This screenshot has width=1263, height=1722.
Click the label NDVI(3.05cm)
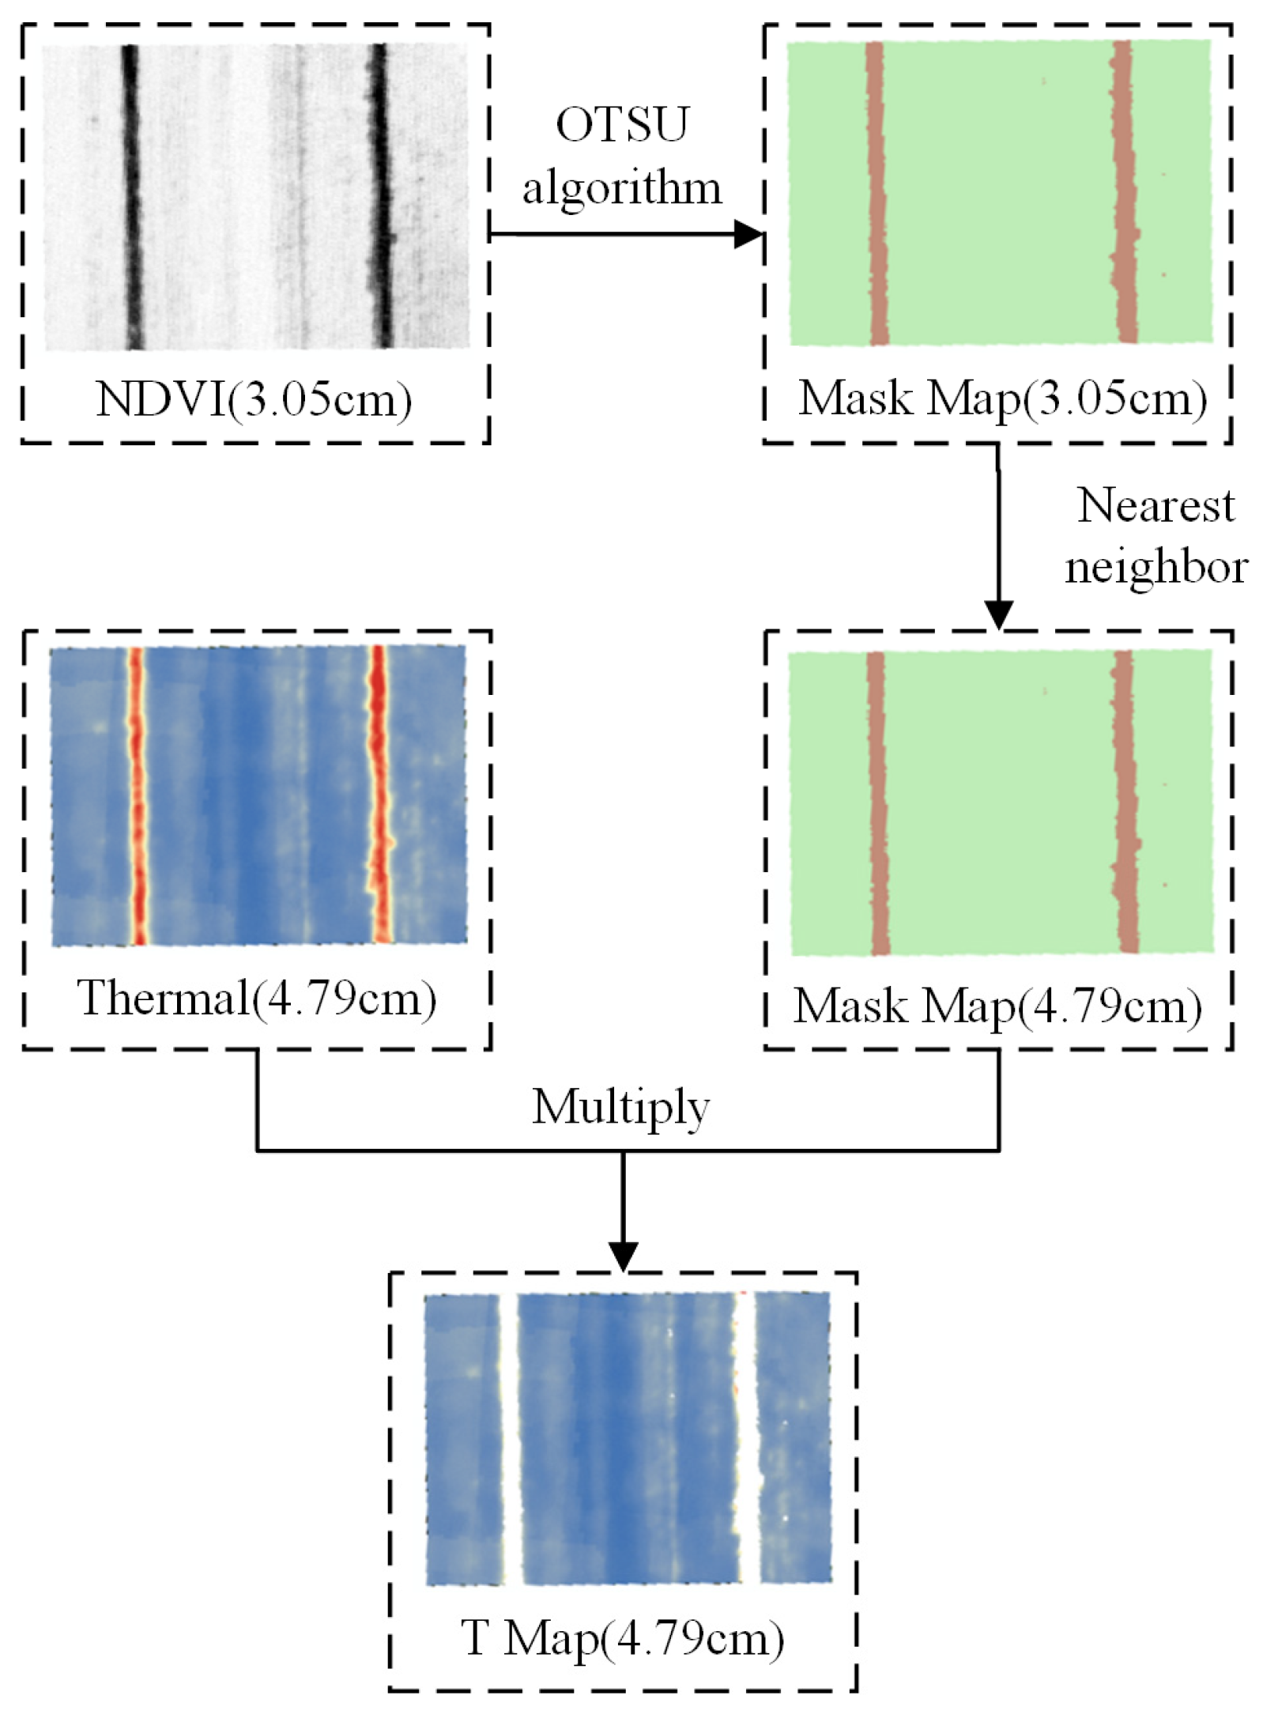(x=254, y=399)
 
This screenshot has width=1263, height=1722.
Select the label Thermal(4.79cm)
(x=256, y=998)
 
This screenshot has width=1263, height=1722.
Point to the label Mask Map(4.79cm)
(x=997, y=1006)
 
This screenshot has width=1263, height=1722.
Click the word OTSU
(x=622, y=125)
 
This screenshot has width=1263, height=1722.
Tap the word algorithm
(x=622, y=188)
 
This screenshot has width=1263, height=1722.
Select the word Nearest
(x=1155, y=505)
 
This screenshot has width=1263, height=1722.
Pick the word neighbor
(x=1156, y=567)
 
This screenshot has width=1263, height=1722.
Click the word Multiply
(x=620, y=1106)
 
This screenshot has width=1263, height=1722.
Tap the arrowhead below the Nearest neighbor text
(x=998, y=614)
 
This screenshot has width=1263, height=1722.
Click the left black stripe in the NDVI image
(x=131, y=198)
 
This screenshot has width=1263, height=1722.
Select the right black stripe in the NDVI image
(x=381, y=198)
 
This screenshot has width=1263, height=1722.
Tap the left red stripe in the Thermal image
(x=138, y=795)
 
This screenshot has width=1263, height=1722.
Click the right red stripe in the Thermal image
(x=379, y=795)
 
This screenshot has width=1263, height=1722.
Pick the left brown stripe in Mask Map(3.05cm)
(x=877, y=194)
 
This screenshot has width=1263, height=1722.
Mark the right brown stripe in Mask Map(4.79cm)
(x=1125, y=802)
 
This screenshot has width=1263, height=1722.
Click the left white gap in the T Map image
(x=510, y=1439)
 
